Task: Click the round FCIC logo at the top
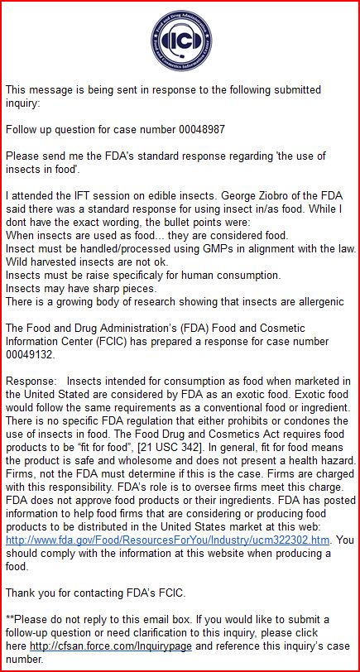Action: click(179, 38)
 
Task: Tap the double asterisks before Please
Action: click(10, 618)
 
